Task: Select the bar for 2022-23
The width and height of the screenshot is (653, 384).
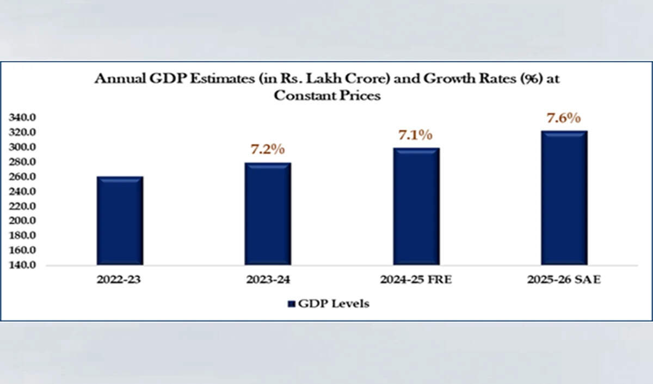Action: (120, 221)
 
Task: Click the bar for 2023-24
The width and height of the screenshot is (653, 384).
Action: (268, 214)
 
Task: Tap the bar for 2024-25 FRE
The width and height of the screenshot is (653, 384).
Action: (416, 206)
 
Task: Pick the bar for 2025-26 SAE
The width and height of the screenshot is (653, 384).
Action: (564, 198)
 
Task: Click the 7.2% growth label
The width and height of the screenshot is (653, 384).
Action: (267, 149)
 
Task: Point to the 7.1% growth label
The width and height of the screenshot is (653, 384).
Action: (416, 135)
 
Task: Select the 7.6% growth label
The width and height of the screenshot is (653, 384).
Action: (564, 118)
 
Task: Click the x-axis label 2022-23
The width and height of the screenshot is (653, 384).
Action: (120, 281)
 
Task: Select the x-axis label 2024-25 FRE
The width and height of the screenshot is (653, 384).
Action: (416, 281)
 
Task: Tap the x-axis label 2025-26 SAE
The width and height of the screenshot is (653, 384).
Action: (564, 281)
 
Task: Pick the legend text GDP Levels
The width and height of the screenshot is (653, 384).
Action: (333, 304)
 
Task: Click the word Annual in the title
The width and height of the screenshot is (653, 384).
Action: (116, 78)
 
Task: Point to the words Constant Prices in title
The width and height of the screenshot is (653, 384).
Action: (326, 95)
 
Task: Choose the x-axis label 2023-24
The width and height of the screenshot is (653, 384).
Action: (268, 281)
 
